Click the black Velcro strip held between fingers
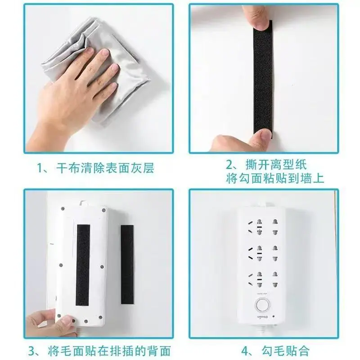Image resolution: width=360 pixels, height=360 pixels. point(263,79)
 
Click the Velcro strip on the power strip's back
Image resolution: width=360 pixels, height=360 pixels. point(83,265)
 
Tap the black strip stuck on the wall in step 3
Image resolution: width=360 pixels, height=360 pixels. point(127,265)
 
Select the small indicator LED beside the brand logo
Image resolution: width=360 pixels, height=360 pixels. point(273,316)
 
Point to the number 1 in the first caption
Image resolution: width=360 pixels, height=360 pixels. point(40,168)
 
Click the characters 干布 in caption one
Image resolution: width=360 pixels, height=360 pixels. point(68,168)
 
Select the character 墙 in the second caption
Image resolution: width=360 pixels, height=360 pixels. point(306,178)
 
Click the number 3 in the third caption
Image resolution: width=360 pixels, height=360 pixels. point(32,351)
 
